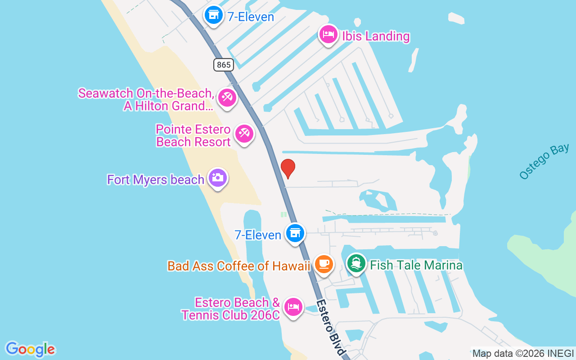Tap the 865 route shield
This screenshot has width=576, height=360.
click(224, 65)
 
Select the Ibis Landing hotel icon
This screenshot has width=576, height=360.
click(328, 34)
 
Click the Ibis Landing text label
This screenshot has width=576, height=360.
click(376, 36)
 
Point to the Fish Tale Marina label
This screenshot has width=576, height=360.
click(416, 265)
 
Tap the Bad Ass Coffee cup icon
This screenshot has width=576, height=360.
click(324, 264)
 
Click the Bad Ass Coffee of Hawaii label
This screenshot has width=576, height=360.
click(239, 266)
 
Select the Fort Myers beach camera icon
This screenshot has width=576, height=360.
click(218, 178)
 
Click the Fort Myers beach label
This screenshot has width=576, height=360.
click(156, 180)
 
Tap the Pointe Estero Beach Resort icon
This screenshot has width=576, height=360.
click(244, 134)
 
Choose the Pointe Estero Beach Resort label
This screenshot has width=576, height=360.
click(193, 135)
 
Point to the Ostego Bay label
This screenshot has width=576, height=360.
click(544, 161)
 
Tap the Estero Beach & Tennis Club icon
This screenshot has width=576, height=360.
click(293, 307)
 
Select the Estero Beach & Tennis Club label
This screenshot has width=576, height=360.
click(231, 308)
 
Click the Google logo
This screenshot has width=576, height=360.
click(30, 349)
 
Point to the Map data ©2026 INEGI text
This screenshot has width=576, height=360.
click(523, 354)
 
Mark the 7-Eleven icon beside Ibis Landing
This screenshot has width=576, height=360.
click(214, 16)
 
